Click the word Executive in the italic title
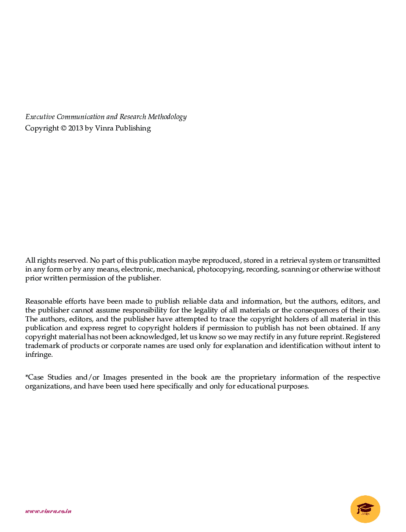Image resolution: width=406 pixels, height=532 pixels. (40, 117)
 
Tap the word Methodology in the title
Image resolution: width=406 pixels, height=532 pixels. (167, 117)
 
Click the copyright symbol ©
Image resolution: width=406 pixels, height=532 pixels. (63, 128)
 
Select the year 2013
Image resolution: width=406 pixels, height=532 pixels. (76, 128)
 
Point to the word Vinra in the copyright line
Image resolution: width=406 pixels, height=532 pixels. (104, 128)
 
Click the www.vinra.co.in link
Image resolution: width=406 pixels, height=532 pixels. (48, 511)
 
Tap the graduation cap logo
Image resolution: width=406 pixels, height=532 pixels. (365, 509)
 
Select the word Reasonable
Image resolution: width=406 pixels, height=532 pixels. (44, 301)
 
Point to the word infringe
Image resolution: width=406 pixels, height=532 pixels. (38, 355)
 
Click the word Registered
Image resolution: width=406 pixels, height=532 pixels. (363, 337)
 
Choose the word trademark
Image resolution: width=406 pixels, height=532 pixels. (42, 346)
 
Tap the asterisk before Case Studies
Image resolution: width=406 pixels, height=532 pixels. (27, 377)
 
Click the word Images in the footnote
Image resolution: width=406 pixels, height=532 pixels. (115, 377)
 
